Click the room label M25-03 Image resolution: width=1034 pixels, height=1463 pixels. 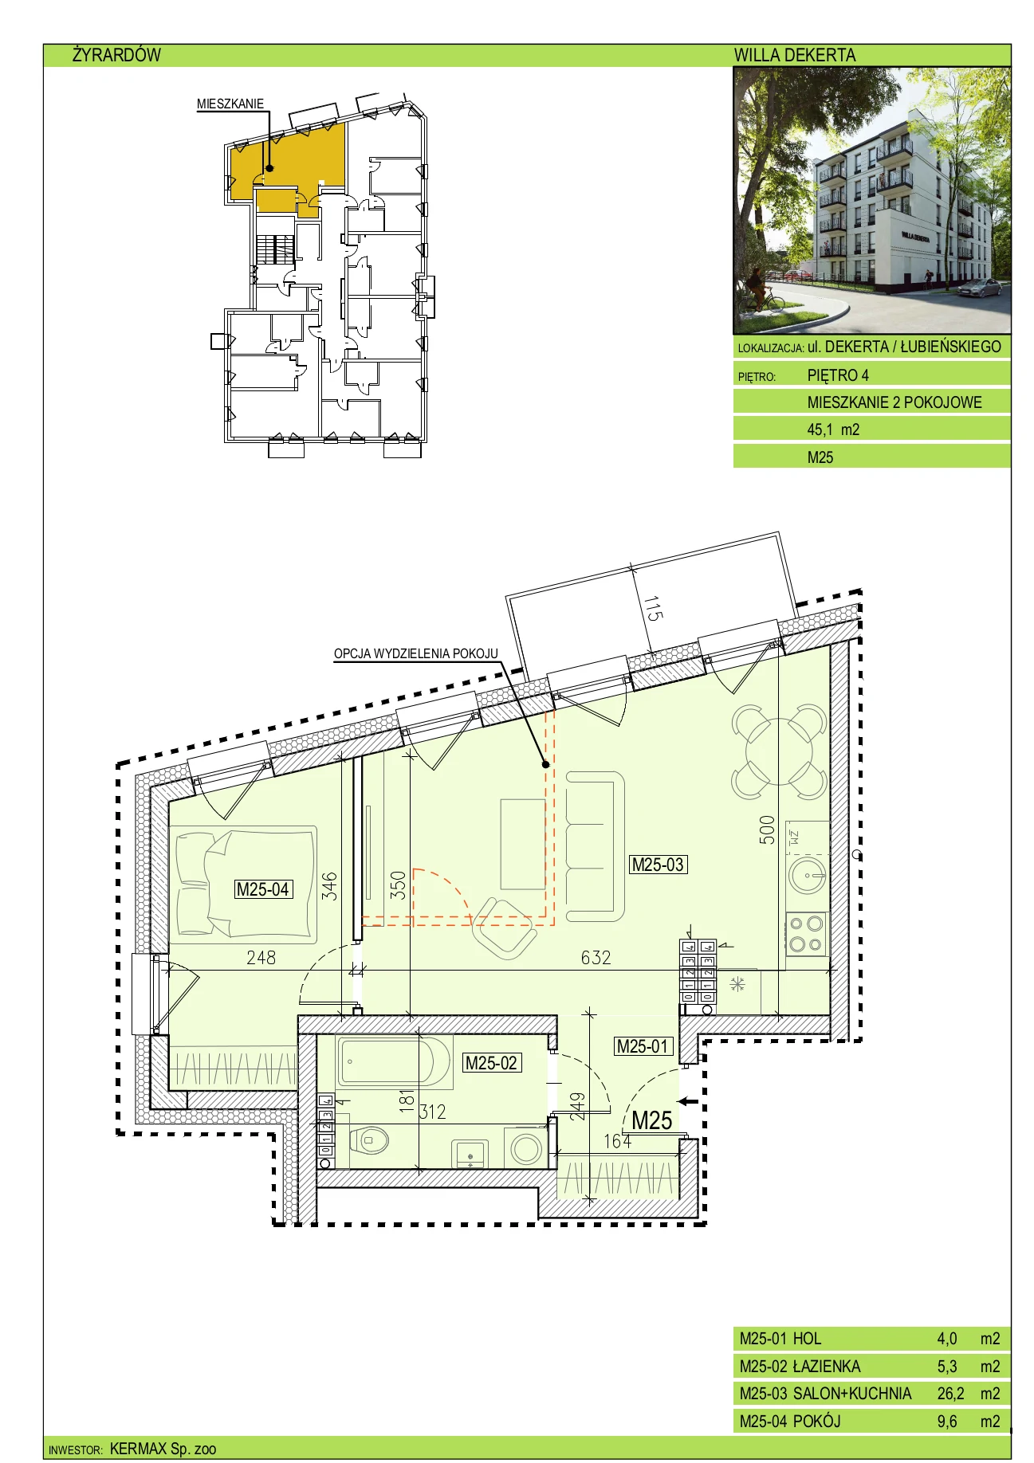pos(658,865)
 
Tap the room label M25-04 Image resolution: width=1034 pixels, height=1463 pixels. pos(263,889)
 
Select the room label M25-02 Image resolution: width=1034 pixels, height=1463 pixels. pos(492,1062)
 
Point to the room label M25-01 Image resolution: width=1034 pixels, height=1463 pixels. pos(643,1046)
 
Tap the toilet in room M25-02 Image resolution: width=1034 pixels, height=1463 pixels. pos(368,1140)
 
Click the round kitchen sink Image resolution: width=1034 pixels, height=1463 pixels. pos(808,877)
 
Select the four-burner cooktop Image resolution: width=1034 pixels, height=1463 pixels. pos(807,934)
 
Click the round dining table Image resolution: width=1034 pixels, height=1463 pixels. pos(779,751)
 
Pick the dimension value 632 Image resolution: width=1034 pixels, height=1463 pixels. pos(596,957)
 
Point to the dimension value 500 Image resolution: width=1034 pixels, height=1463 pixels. pos(766,830)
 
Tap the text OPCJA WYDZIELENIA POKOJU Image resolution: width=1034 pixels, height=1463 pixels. pos(415,653)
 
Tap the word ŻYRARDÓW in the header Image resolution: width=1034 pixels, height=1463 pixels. pos(116,55)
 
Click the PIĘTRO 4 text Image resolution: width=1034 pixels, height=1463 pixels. pos(838,375)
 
